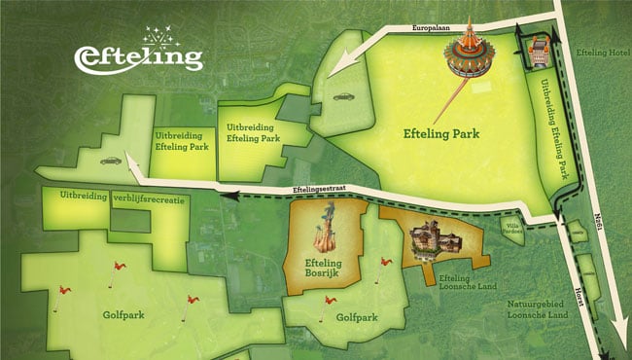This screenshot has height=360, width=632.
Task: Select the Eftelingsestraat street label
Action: (x=320, y=190)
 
